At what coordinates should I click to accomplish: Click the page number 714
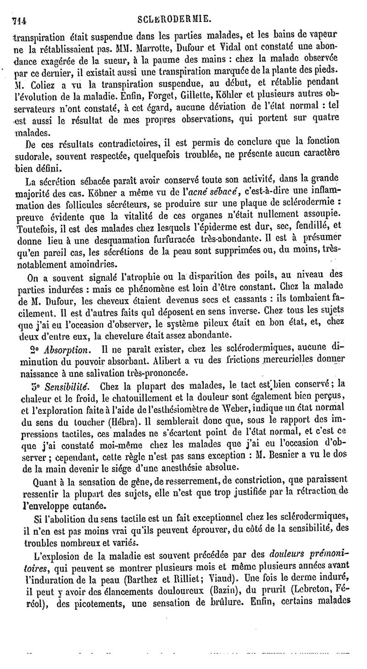click(x=19, y=19)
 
